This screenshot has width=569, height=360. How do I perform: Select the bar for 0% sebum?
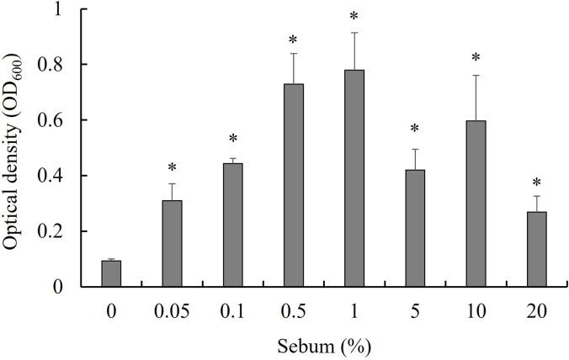(110, 273)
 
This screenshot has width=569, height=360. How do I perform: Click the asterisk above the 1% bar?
(354, 17)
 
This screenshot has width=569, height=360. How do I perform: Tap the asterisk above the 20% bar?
(536, 182)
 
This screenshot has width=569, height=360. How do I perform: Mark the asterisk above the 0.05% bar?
(172, 168)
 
